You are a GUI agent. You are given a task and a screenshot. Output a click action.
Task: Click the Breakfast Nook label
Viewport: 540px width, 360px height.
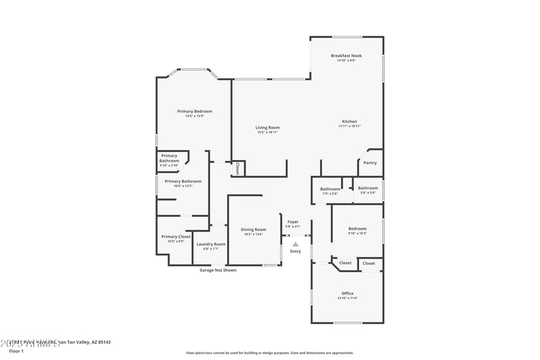click(x=346, y=55)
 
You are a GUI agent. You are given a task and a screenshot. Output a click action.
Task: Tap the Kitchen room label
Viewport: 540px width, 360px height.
click(x=349, y=122)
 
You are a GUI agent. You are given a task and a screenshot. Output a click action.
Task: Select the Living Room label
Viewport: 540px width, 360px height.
click(x=267, y=127)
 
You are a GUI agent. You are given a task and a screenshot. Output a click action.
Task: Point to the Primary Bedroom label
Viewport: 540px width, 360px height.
click(x=194, y=111)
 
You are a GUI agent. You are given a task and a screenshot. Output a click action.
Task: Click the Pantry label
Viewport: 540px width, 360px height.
click(x=370, y=162)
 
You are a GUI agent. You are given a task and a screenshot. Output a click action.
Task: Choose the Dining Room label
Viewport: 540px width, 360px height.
click(x=254, y=230)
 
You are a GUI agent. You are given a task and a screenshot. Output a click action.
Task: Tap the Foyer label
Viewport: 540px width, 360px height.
click(x=293, y=222)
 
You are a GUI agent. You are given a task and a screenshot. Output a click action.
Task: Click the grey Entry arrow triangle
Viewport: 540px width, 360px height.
click(x=295, y=245)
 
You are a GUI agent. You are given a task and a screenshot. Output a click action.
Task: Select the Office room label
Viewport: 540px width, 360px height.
click(x=348, y=293)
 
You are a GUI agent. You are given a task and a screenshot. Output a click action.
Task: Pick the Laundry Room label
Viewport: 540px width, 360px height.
click(x=211, y=244)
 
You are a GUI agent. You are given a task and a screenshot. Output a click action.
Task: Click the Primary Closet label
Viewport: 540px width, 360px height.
click(x=175, y=236)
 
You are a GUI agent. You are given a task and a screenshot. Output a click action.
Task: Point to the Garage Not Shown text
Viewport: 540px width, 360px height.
click(x=218, y=270)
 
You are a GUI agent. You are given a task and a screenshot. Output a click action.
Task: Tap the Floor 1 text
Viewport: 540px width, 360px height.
click(x=16, y=351)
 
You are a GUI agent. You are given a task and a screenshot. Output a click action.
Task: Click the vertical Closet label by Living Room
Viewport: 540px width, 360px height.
click(x=238, y=168)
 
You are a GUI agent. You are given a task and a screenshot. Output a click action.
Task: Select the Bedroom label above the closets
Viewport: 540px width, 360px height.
click(x=357, y=228)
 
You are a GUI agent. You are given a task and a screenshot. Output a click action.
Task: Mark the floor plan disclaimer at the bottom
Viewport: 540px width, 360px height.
click(x=270, y=353)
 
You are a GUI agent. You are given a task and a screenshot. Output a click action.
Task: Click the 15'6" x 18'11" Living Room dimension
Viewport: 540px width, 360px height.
click(x=267, y=132)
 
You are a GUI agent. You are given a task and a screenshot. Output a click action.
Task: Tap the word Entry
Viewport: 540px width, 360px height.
click(x=296, y=251)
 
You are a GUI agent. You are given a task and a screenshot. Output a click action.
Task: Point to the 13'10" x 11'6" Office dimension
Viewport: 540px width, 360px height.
click(x=348, y=298)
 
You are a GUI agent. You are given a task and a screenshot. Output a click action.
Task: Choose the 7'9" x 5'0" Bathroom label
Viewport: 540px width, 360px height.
click(x=330, y=193)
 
